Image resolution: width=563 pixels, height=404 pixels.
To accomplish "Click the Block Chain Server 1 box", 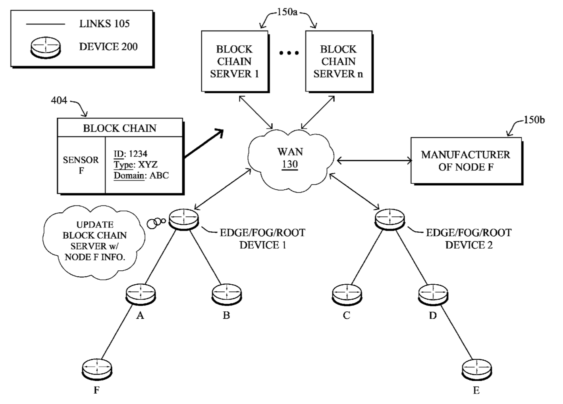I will (x=234, y=61).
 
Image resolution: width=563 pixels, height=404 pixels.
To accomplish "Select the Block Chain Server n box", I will (x=338, y=61).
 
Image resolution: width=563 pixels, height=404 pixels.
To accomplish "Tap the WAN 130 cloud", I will (x=291, y=159).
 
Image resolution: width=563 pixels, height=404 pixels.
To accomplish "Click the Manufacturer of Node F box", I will (x=465, y=161).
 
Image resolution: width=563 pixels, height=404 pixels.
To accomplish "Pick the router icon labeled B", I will (x=226, y=295).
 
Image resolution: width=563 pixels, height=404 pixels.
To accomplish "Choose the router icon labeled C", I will (x=347, y=295).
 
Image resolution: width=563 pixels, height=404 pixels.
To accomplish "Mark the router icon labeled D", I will (x=433, y=295).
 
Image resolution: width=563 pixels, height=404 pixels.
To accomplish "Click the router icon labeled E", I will (x=476, y=370).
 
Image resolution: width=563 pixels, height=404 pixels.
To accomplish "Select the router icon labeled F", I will (x=96, y=370).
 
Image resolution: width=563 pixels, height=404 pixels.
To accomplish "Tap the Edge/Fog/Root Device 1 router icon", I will (x=183, y=219).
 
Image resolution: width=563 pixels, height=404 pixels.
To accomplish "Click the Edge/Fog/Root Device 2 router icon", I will (x=390, y=219).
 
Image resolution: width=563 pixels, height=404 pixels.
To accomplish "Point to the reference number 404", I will (x=59, y=101).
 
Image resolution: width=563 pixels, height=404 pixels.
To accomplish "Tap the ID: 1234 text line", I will (x=130, y=154).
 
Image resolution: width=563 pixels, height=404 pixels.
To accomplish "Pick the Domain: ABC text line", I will (x=141, y=175).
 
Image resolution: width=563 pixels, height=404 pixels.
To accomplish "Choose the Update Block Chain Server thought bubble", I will (x=94, y=241).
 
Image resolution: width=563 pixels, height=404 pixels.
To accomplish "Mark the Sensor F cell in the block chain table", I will (x=81, y=165).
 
